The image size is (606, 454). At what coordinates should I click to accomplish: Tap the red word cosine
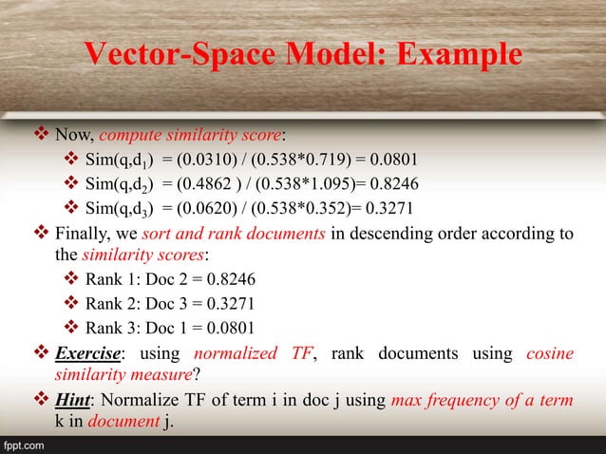[549, 354]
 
